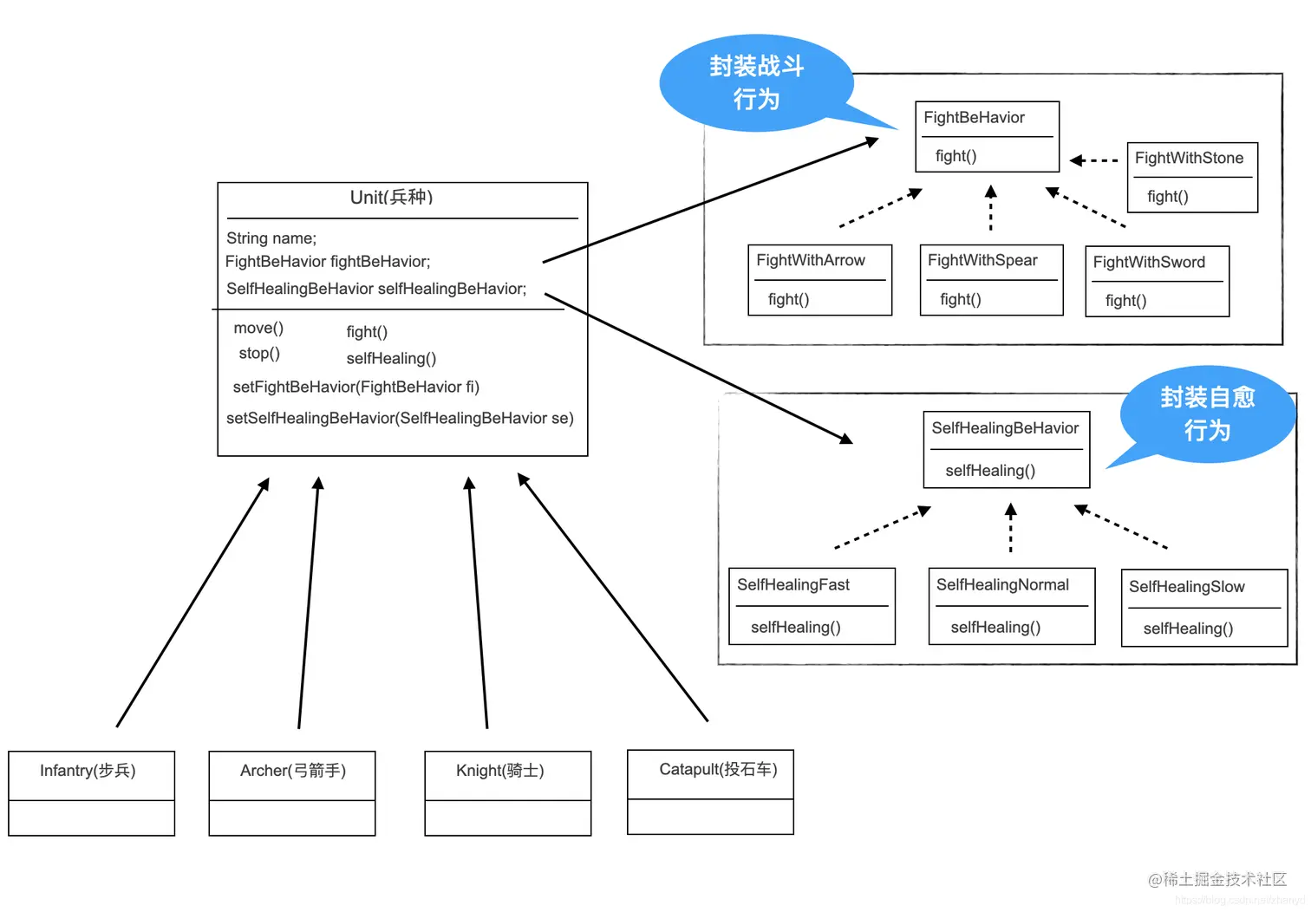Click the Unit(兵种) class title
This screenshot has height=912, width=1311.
[391, 198]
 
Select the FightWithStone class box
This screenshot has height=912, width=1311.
[1191, 177]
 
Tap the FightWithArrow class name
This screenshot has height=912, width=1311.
[811, 260]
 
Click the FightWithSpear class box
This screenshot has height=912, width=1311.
[991, 280]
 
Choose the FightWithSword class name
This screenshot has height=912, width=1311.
[1149, 262]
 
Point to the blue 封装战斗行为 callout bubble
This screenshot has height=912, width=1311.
[756, 83]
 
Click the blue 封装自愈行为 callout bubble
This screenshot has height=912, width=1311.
[1207, 414]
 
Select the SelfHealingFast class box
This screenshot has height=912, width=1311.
[811, 606]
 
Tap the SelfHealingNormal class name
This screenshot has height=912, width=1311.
[1002, 585]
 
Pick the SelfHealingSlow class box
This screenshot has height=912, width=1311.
[1203, 608]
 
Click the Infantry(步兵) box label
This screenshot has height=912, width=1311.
[88, 771]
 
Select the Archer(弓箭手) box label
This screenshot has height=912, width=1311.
[292, 771]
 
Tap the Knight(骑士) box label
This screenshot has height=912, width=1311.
[499, 771]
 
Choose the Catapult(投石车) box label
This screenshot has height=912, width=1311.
[718, 769]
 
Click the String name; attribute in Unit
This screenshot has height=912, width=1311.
[271, 238]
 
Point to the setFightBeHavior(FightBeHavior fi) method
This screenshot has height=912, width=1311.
[355, 387]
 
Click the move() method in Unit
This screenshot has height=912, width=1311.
[258, 328]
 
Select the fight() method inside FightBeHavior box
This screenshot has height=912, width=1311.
[956, 156]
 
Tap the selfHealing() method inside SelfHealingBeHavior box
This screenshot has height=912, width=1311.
[990, 471]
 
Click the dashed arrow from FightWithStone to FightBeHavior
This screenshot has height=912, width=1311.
[1094, 160]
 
